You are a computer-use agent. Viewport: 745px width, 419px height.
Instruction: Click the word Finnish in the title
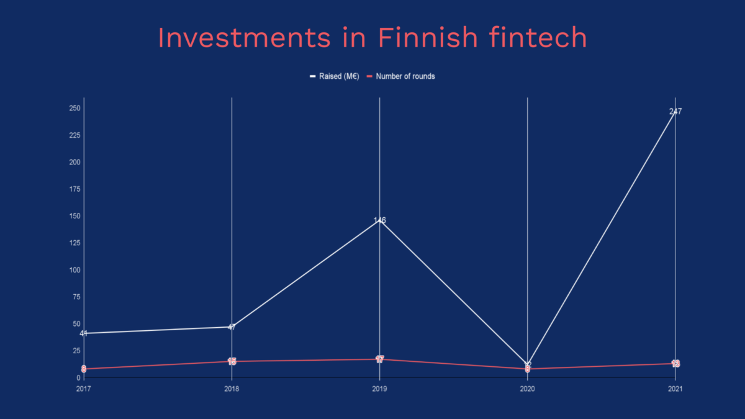[427, 38]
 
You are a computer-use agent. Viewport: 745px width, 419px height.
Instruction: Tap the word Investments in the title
[244, 38]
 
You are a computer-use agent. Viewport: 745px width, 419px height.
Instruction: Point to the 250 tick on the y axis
[75, 108]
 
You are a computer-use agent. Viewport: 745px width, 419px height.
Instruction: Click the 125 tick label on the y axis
[75, 243]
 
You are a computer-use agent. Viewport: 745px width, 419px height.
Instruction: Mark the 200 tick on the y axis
[75, 162]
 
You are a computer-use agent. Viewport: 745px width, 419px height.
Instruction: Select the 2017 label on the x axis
[84, 389]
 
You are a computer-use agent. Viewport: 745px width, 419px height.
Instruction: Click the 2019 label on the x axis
[379, 389]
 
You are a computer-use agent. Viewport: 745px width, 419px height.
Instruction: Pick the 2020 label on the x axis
[527, 389]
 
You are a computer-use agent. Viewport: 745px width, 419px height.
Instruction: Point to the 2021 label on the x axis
[675, 389]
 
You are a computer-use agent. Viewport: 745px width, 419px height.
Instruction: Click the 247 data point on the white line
[675, 112]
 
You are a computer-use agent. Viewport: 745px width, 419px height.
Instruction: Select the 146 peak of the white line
[380, 220]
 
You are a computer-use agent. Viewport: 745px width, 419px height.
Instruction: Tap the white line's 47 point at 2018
[232, 327]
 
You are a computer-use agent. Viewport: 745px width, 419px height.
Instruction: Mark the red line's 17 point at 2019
[380, 359]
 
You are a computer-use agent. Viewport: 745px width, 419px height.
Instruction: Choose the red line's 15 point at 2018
[232, 361]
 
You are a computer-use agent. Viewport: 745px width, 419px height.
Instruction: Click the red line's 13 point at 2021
[675, 363]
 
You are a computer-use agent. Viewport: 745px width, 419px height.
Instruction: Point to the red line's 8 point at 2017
[84, 369]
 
